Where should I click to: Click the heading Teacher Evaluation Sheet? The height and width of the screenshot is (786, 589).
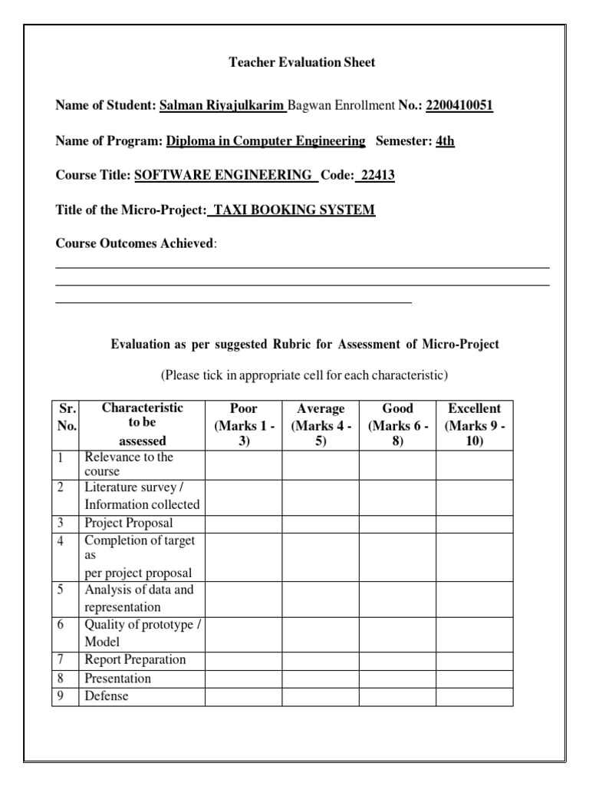pos(302,62)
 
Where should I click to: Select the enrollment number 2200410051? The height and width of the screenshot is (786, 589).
pos(459,105)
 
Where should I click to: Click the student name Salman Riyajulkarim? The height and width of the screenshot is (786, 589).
pos(222,105)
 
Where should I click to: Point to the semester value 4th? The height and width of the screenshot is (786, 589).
pos(445,141)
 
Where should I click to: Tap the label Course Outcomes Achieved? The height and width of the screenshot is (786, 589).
pos(135,243)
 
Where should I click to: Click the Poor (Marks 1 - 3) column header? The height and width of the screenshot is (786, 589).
pos(244,425)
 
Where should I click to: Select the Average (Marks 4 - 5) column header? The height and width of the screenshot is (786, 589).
pos(321,425)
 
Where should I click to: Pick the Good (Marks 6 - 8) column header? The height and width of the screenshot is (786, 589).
pos(397,425)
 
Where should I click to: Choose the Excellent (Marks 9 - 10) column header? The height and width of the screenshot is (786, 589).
pos(474,425)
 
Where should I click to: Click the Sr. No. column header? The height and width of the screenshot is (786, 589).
pos(65,417)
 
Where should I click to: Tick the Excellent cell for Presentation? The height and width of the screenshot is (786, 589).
pos(474,679)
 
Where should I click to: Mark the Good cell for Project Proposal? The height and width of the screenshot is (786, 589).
pos(397,523)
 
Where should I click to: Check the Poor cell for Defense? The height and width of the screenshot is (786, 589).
pos(244,697)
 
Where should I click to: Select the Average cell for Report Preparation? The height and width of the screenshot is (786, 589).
pos(321,660)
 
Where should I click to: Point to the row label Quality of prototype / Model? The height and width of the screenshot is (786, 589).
pos(142,633)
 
